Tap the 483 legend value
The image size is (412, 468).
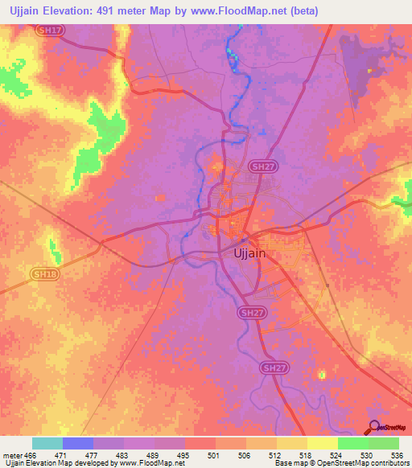[x=123, y=454]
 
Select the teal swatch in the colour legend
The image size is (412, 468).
[x=47, y=443]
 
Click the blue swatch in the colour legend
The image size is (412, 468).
[x=78, y=443]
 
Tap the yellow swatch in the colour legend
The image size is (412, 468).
[x=323, y=443]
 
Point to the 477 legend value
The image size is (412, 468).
[x=93, y=454]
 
